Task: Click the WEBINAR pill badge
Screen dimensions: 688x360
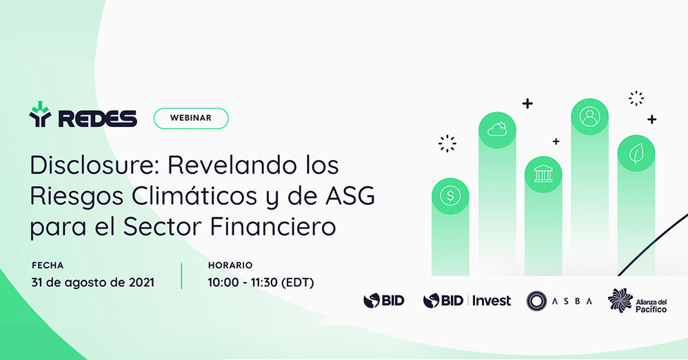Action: click(191, 118)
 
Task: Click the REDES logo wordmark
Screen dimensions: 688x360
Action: click(97, 119)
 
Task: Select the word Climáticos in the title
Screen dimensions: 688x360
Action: click(194, 196)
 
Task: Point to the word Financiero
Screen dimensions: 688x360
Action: click(272, 226)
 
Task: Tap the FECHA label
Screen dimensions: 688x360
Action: click(48, 265)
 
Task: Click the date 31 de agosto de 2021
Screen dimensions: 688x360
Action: click(92, 282)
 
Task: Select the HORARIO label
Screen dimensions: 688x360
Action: click(230, 265)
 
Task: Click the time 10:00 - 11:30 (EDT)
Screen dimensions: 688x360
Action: click(261, 282)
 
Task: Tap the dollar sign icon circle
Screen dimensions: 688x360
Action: click(450, 196)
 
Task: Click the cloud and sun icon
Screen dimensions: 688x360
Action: click(497, 130)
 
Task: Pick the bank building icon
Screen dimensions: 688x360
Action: click(543, 174)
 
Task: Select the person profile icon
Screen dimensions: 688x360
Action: click(589, 117)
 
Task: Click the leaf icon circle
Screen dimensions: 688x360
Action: click(636, 154)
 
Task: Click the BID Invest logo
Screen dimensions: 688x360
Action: click(467, 301)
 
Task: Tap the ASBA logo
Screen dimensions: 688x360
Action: click(559, 301)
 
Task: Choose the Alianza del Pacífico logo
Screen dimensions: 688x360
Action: click(637, 301)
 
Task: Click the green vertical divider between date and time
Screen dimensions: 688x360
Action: click(181, 276)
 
